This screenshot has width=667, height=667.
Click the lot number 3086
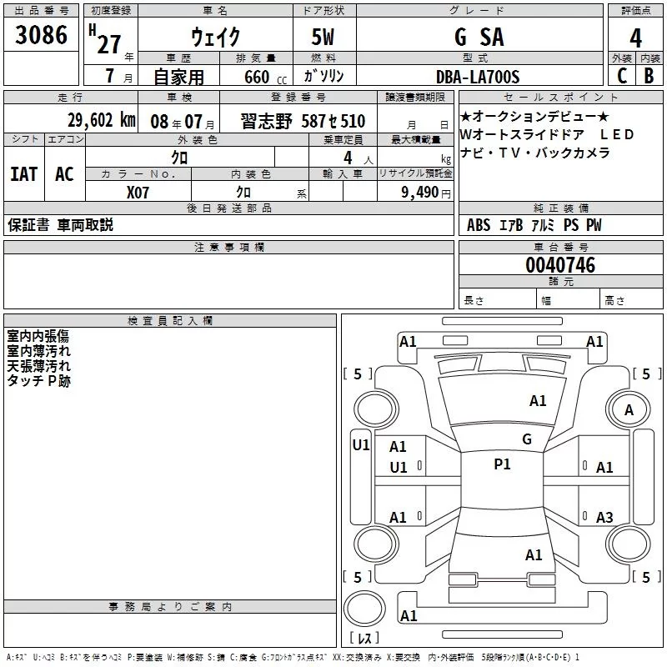(41, 37)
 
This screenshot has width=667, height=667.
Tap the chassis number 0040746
(560, 266)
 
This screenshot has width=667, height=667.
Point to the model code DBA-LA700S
(478, 77)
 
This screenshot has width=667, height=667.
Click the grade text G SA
(479, 38)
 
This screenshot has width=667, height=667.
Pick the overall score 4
(636, 38)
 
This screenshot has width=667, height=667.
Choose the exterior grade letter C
(621, 77)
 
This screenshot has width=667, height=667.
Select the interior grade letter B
(649, 77)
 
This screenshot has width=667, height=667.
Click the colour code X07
(138, 191)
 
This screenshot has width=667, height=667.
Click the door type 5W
(324, 38)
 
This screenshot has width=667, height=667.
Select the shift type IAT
(23, 173)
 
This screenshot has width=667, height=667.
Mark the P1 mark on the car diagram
(502, 464)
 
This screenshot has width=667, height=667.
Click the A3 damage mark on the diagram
(604, 518)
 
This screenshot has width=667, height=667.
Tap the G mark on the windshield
(526, 439)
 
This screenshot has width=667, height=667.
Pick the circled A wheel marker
(629, 409)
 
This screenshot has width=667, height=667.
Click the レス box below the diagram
(364, 639)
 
